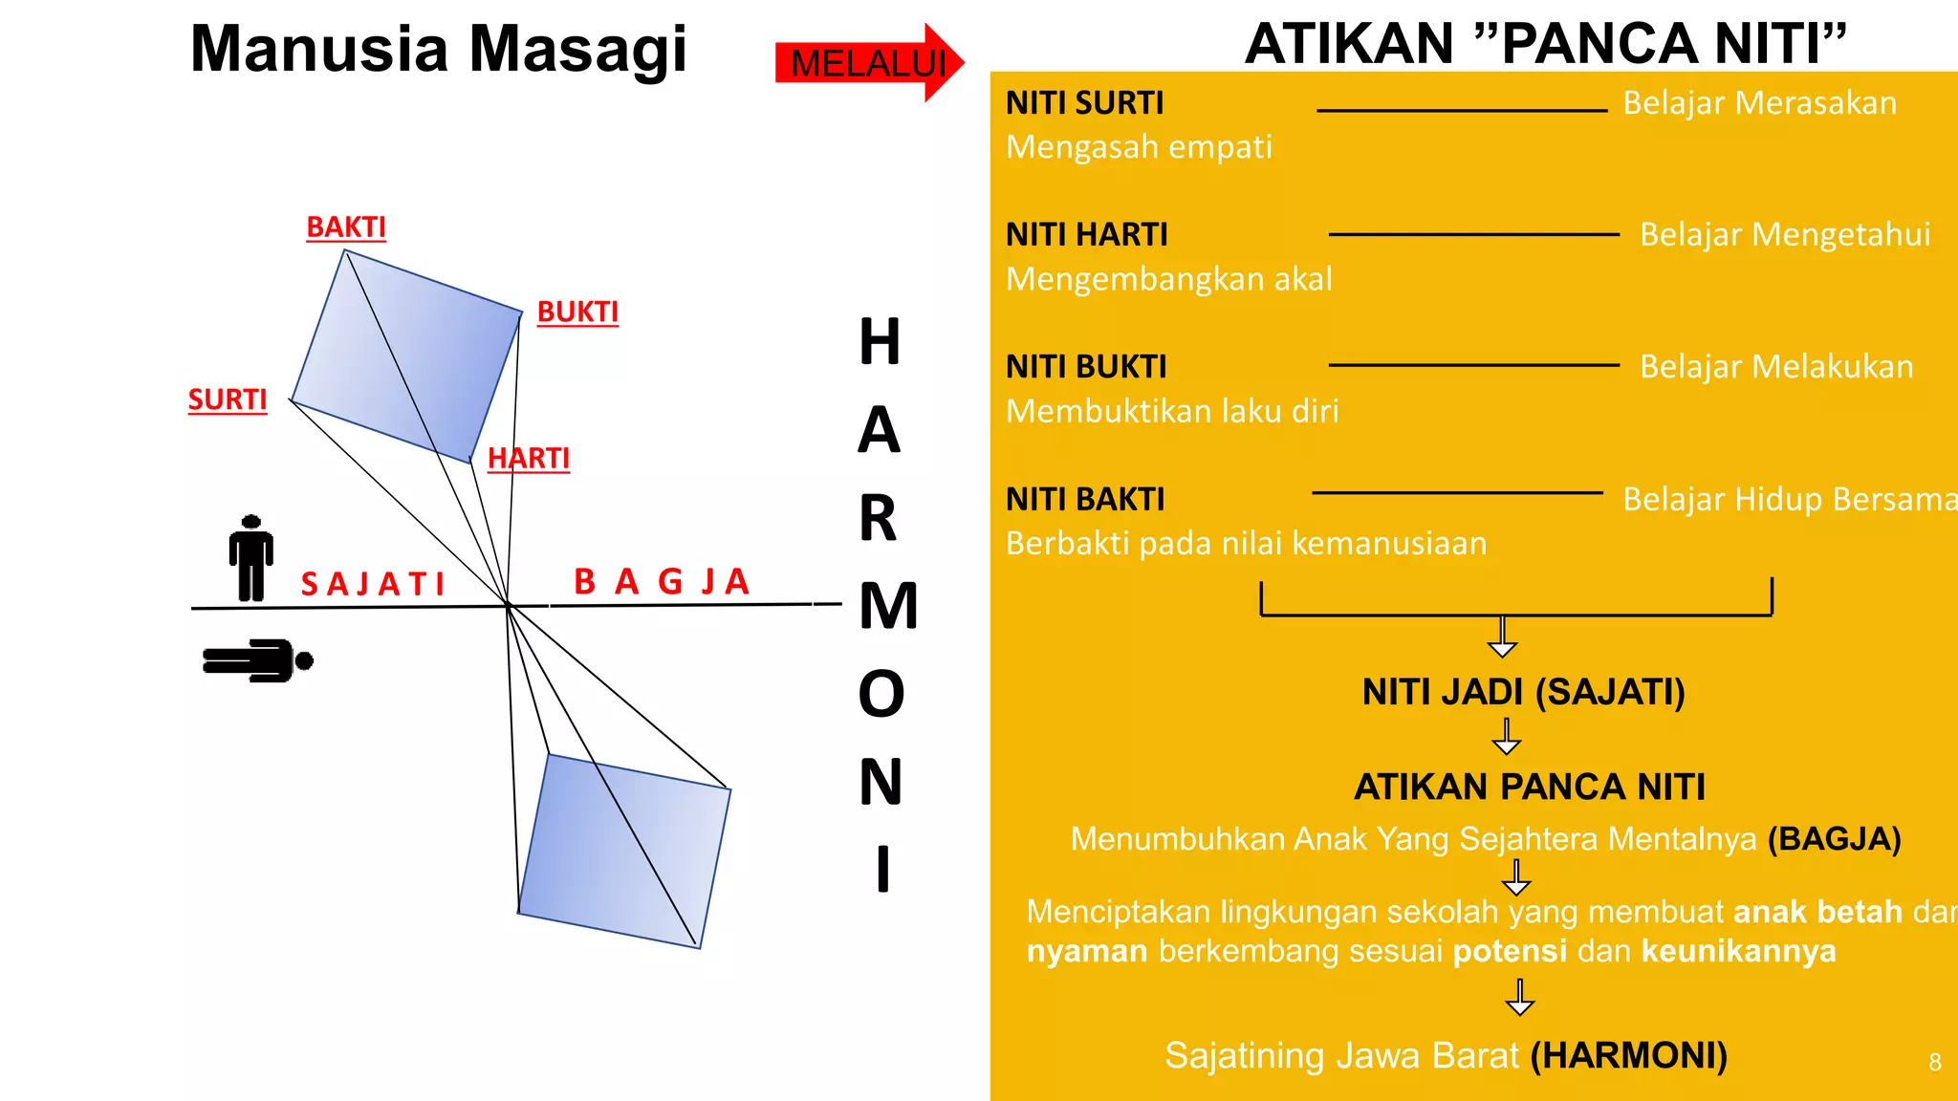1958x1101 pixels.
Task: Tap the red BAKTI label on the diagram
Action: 346,227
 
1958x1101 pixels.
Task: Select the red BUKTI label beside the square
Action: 577,313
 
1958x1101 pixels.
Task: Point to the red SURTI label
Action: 228,399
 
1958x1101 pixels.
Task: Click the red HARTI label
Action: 529,459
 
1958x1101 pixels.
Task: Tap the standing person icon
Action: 251,558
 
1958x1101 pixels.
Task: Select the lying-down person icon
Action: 257,660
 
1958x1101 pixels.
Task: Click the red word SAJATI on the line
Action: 373,584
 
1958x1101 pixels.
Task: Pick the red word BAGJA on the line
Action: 662,581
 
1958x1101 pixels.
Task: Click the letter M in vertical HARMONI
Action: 887,606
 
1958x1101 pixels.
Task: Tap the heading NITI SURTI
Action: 1085,103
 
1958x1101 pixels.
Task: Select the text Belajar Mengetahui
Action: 1785,234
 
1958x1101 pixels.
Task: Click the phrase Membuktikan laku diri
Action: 1172,411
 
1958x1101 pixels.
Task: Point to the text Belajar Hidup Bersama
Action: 1789,499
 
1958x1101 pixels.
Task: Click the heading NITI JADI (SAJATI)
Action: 1523,692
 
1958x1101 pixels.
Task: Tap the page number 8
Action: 1934,1063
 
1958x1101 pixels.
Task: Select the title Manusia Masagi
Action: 439,49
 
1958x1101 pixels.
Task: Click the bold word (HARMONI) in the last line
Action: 1629,1056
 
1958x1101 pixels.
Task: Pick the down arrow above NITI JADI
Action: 1503,637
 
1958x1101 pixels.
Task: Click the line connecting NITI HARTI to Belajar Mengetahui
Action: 1473,234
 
